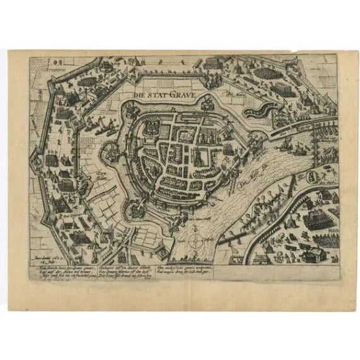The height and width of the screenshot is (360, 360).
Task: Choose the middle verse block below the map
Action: [124, 274]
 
